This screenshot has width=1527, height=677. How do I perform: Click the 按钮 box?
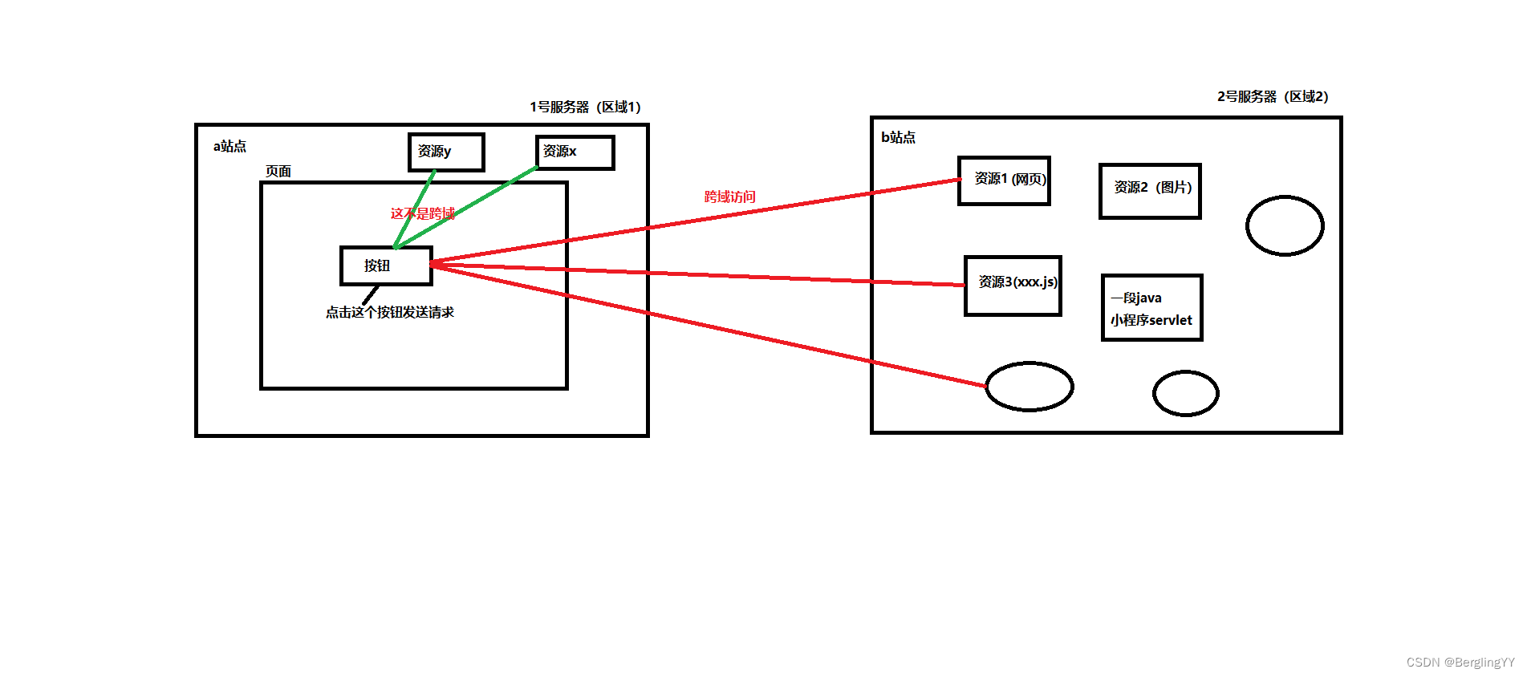pos(386,266)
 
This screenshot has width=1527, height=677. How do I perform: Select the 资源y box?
pos(446,152)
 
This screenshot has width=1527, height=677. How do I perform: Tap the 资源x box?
pos(575,152)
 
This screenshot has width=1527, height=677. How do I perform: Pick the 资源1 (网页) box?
pos(1004,180)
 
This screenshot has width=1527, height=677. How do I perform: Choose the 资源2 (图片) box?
pos(1150,190)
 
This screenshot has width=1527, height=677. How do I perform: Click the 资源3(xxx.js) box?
pos(1013,286)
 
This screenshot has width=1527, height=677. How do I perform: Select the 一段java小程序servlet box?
pos(1151,308)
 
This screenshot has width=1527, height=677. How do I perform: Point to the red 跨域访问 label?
pos(729,197)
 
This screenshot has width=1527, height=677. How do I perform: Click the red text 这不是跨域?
pos(422,213)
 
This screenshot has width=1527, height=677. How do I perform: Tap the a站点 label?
pos(229,146)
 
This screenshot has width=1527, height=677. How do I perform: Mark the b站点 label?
pos(898,137)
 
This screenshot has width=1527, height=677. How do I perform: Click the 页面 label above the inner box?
pos(278,171)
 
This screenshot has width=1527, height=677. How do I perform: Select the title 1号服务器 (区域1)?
pos(584,107)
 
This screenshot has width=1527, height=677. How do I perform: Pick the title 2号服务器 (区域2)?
pos(1272,96)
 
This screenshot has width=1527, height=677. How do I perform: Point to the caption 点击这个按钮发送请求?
pos(389,312)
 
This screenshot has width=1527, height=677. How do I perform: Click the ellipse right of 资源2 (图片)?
pos(1284,225)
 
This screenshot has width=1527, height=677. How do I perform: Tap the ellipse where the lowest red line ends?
pos(1029,386)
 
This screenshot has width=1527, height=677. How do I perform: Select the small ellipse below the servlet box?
pos(1185,393)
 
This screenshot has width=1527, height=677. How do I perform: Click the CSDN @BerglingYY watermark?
pos(1460,662)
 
